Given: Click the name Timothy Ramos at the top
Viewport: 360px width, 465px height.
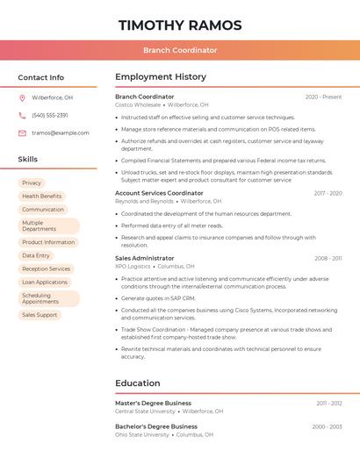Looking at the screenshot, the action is point(180,25).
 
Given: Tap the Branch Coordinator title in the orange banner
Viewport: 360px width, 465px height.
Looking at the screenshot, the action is point(180,50).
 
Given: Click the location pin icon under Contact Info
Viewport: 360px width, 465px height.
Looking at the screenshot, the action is point(22,97).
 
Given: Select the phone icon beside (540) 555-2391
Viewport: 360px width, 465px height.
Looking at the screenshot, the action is point(22,115).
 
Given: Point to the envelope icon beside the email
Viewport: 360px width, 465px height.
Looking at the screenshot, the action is point(22,132).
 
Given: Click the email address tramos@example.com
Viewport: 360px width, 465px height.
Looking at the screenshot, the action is point(61,132).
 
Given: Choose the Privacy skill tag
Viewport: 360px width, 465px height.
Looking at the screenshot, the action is point(32,182).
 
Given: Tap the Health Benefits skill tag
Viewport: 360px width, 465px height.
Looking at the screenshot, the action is point(42,196).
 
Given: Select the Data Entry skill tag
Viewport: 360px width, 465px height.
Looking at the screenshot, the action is point(36,255).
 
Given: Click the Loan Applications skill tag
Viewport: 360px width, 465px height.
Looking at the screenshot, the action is point(45,282).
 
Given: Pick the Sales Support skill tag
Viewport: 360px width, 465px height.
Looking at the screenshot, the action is point(40,314).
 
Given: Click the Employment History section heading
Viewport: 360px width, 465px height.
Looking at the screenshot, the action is point(161,77).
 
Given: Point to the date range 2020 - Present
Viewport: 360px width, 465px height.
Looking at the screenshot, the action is point(323,97).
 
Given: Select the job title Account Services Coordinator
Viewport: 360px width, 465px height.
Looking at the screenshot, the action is point(159,193).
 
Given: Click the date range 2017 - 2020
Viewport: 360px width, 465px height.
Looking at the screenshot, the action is point(328,193).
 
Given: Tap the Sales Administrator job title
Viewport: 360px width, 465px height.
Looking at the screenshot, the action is point(145,258).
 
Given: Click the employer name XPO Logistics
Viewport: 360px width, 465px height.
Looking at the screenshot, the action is point(133,266).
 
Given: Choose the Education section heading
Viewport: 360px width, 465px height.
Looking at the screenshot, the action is point(138,383).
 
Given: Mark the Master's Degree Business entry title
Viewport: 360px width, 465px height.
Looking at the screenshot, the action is point(153,403).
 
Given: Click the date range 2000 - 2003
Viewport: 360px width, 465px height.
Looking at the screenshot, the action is point(327,426).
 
